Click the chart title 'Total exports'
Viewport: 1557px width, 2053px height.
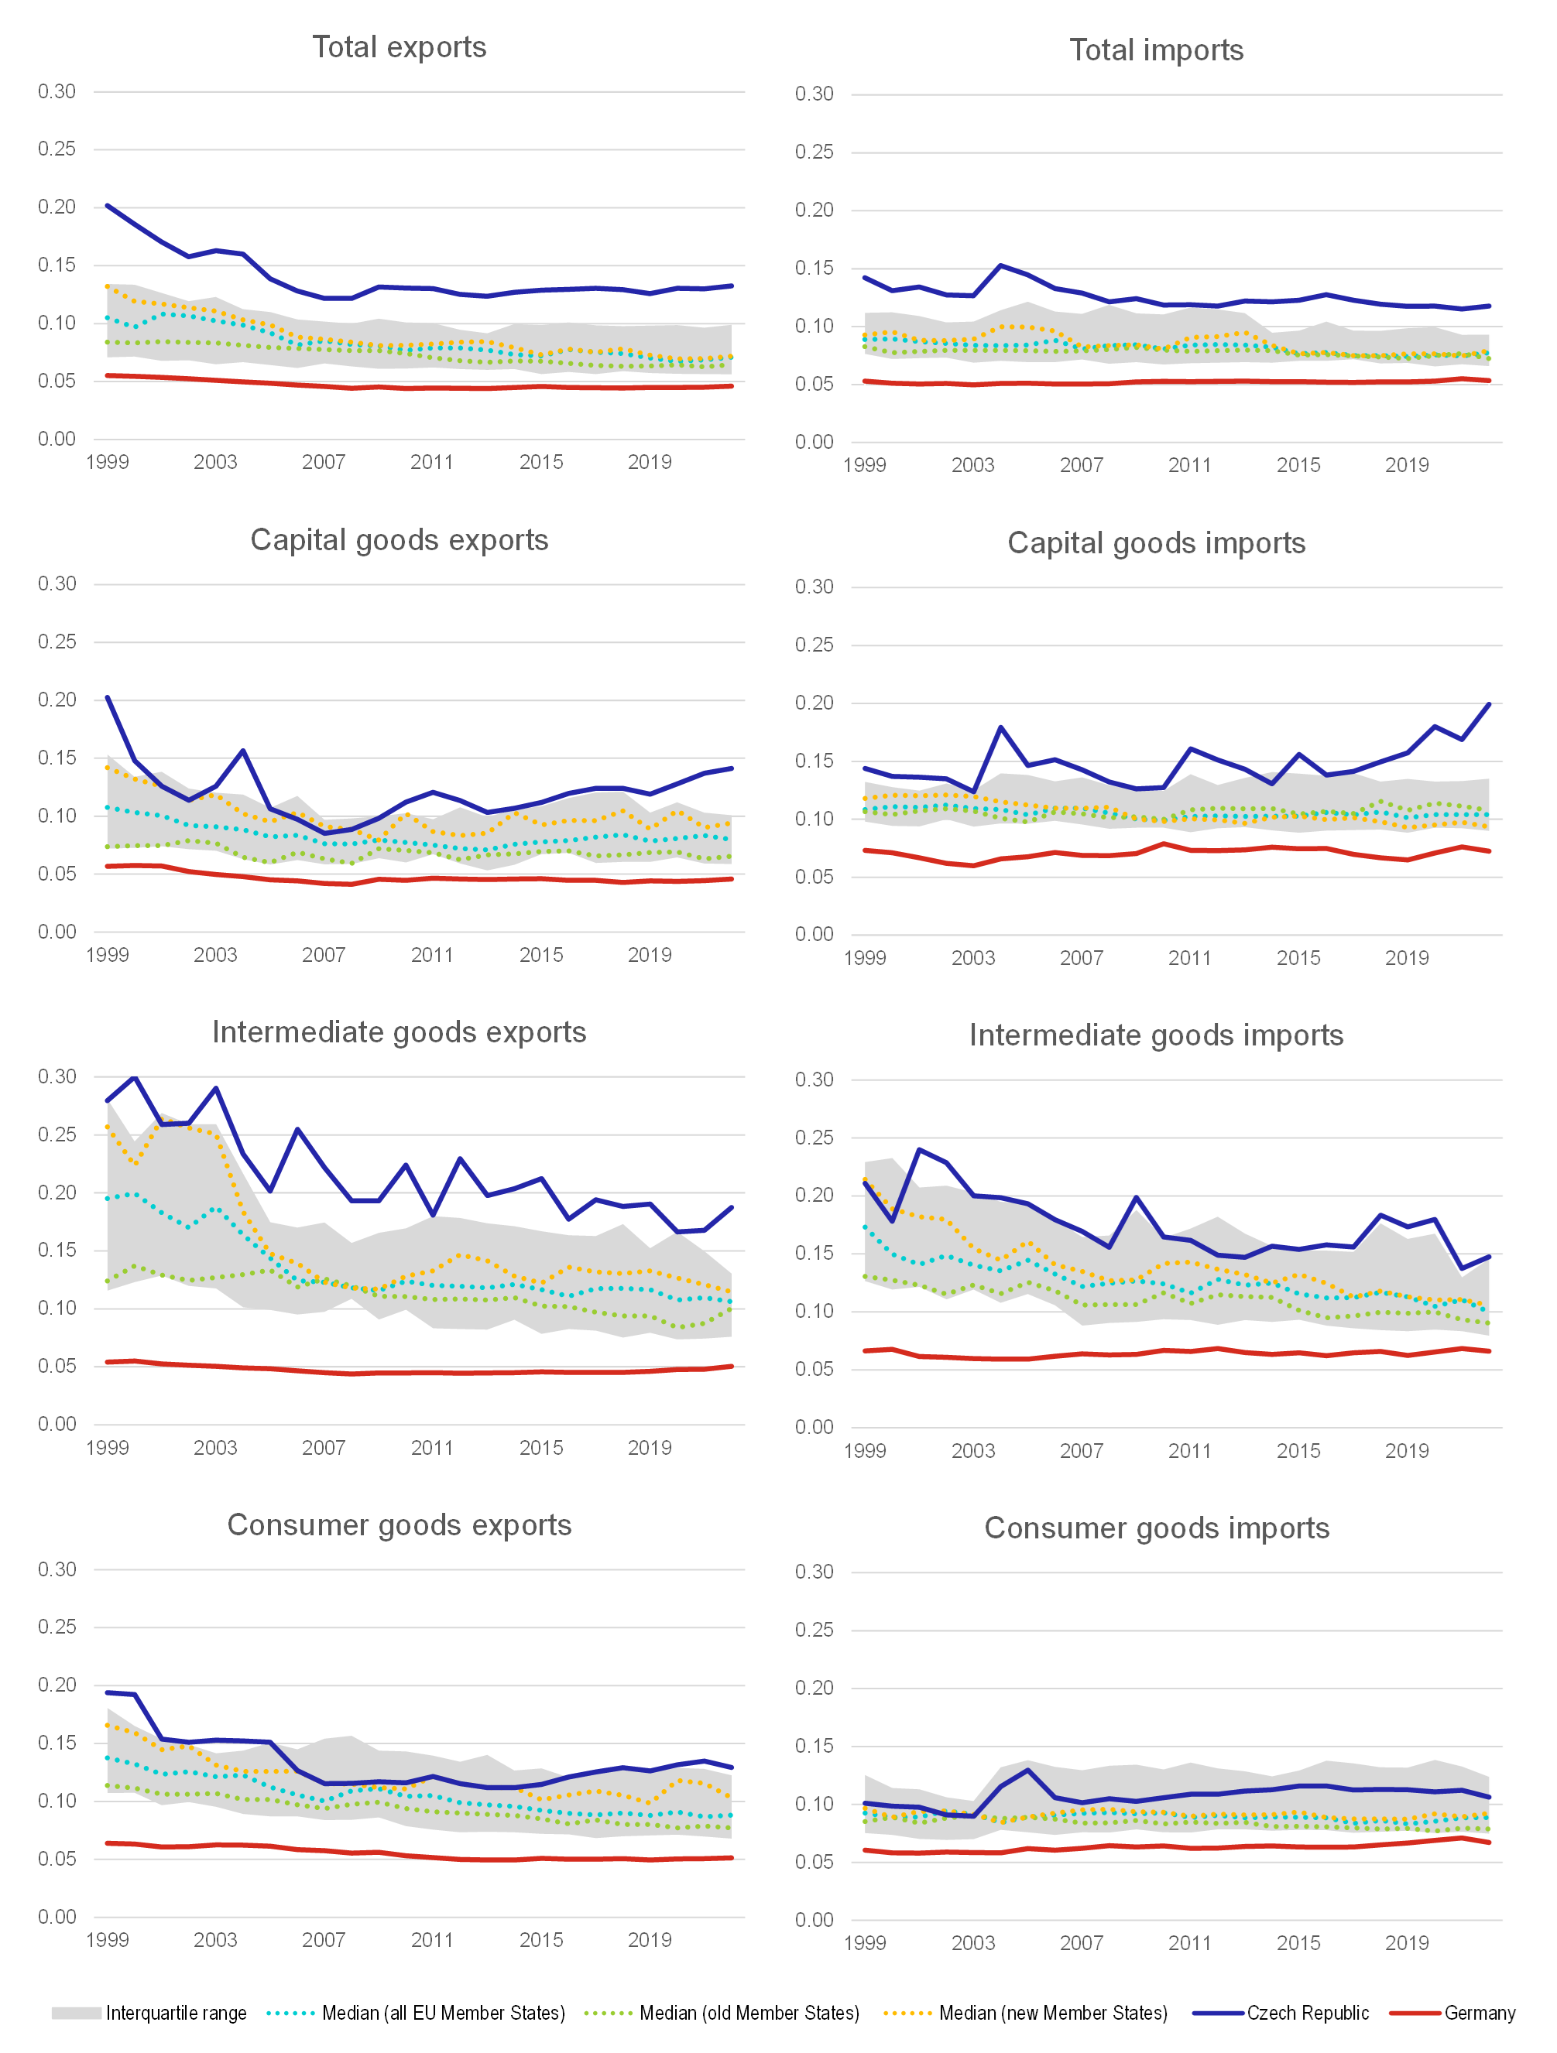(x=400, y=47)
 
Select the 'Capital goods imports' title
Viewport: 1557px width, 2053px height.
(x=1156, y=543)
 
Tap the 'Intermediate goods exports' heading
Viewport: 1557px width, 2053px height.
(x=400, y=1032)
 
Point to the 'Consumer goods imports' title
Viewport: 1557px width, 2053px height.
(x=1156, y=1528)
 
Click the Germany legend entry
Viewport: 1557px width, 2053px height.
(x=1479, y=2013)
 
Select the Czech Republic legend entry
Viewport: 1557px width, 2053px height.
(x=1307, y=2013)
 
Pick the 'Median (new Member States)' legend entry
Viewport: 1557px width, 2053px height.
(x=1053, y=2013)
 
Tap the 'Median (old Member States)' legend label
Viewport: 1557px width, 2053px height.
(x=749, y=2013)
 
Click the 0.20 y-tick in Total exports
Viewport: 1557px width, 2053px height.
(x=57, y=207)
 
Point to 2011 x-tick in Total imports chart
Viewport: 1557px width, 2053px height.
(x=1189, y=465)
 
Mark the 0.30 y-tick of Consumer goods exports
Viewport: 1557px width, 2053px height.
(x=57, y=1569)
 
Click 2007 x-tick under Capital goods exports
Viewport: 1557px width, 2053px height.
(x=323, y=955)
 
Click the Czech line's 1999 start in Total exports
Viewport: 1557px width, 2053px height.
(x=108, y=205)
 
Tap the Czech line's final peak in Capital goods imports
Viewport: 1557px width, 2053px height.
(x=1489, y=704)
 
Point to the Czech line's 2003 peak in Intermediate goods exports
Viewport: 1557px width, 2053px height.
(x=216, y=1088)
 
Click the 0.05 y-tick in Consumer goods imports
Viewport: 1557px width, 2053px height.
(x=815, y=1862)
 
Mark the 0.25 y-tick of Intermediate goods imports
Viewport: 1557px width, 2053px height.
(x=815, y=1138)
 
